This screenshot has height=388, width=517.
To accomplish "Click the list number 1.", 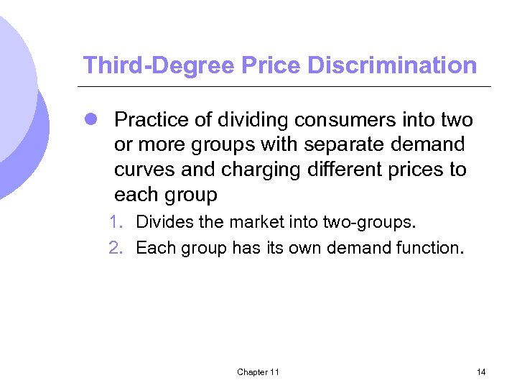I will point(115,222).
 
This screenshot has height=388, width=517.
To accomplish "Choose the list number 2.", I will point(115,249).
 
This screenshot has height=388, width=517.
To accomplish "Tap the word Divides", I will point(164,222).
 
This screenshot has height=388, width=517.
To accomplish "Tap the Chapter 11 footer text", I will point(258,371).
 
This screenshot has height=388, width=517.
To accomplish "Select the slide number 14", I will point(480,371).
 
